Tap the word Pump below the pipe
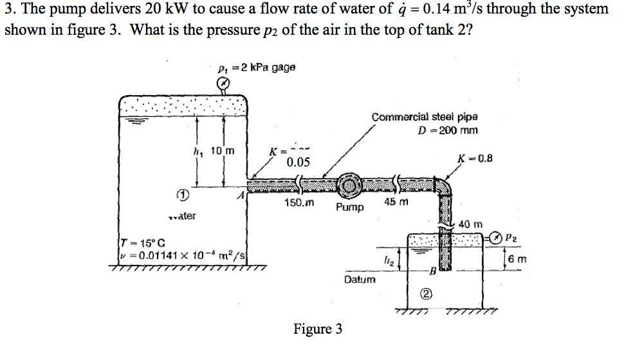coord(349,208)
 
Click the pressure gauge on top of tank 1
coord(222,84)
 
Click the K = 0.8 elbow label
coord(475,159)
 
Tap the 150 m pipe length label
coord(299,203)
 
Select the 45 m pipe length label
coord(396,203)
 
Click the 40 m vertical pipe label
coord(470,224)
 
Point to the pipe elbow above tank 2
coord(444,186)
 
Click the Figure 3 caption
coord(318,329)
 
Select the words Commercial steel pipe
coord(424,117)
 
